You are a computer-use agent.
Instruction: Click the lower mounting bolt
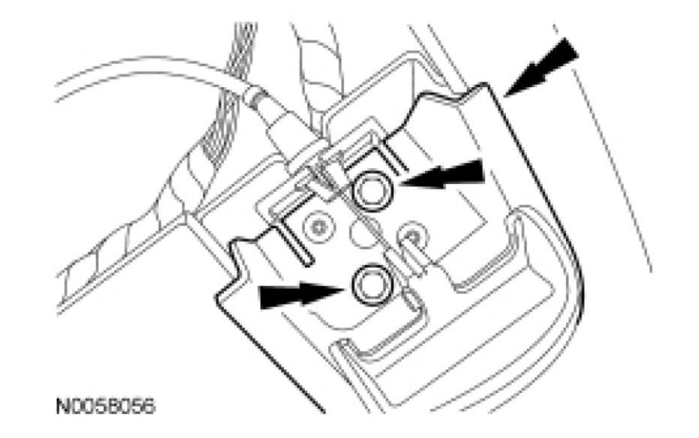coord(369,284)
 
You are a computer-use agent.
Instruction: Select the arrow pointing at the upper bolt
coord(443,179)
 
